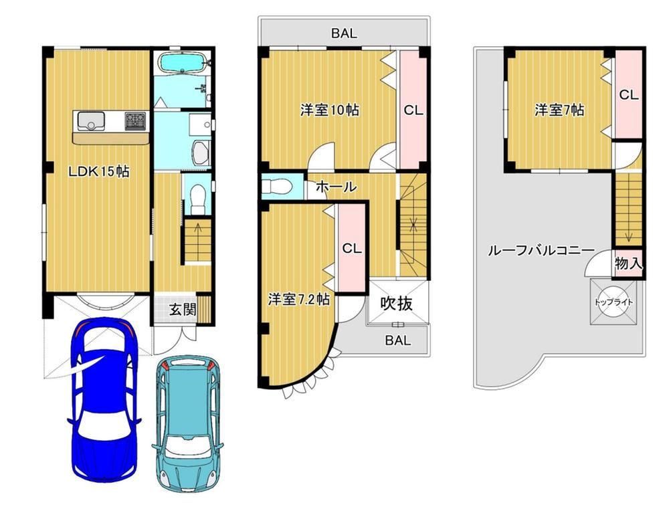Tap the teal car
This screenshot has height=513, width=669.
point(188,424)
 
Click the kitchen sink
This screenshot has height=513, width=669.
point(90,120)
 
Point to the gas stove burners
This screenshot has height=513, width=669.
point(136,120)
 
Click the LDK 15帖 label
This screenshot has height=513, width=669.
point(99,172)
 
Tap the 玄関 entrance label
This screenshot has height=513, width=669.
point(183,309)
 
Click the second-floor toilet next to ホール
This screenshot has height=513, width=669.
point(277,187)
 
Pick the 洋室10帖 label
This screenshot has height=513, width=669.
point(329,110)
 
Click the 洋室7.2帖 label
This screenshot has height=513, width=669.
point(298,300)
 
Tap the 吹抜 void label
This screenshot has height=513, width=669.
point(396,304)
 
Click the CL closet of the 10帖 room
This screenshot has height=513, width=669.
point(413,111)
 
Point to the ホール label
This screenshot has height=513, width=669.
point(336,187)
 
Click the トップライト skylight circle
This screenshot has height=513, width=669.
point(614,302)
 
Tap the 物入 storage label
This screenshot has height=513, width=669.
point(628,263)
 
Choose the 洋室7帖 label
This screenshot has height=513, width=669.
point(559,110)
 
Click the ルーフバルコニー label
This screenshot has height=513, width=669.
point(541,250)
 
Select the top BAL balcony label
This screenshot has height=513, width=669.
point(344,33)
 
